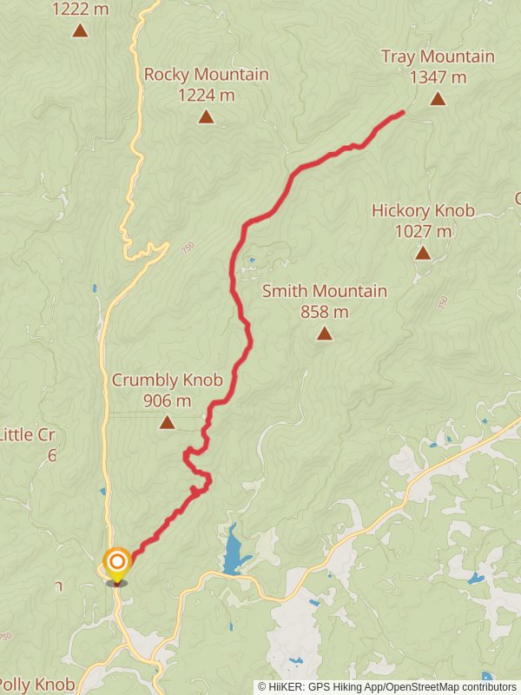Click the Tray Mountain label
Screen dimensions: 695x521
(x=438, y=57)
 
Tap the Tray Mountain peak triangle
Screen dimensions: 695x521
(x=439, y=98)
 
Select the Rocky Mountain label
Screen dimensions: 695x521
(x=206, y=75)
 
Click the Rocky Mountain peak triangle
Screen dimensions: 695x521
(x=206, y=116)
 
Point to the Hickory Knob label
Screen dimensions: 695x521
(x=423, y=211)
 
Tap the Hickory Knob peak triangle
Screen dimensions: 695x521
(x=423, y=253)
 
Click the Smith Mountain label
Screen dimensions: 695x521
(x=325, y=292)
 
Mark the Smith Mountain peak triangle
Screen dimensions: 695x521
(x=325, y=333)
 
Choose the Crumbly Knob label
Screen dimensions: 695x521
(x=168, y=381)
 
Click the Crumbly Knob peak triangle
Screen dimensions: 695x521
(x=167, y=423)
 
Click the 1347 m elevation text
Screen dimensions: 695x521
(x=439, y=77)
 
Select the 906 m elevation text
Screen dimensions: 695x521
(x=168, y=401)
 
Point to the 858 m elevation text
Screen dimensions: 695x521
(x=325, y=312)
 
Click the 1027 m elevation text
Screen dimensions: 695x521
(x=423, y=231)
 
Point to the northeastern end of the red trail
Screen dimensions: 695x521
(x=402, y=113)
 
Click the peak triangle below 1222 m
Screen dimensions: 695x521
(x=80, y=30)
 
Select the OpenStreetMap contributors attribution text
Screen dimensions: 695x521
(x=451, y=686)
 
